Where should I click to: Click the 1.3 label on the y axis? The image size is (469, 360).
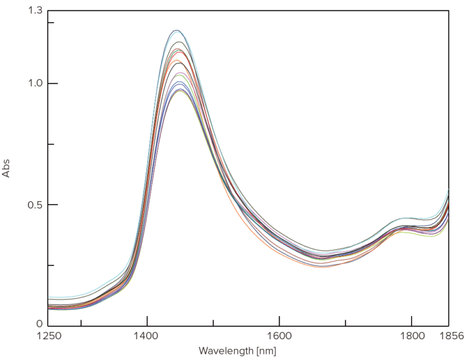pyautogui.click(x=35, y=10)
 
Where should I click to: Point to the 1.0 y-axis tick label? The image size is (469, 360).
pyautogui.click(x=35, y=84)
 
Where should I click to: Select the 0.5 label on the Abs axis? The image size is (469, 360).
pyautogui.click(x=35, y=204)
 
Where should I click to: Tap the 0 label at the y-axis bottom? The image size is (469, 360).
pyautogui.click(x=39, y=325)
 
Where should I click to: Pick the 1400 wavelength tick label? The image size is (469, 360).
pyautogui.click(x=147, y=336)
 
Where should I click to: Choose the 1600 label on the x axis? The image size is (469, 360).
pyautogui.click(x=279, y=336)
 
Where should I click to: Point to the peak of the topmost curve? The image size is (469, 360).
pyautogui.click(x=176, y=30)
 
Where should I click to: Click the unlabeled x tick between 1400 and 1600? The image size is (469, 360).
pyautogui.click(x=213, y=322)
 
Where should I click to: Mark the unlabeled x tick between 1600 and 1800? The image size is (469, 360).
pyautogui.click(x=345, y=322)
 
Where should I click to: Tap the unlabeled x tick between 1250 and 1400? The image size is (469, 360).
pyautogui.click(x=81, y=322)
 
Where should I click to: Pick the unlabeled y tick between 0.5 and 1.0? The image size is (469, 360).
pyautogui.click(x=51, y=144)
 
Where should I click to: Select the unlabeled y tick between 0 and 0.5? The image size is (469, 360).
pyautogui.click(x=51, y=265)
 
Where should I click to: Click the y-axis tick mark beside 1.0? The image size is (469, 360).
pyautogui.click(x=51, y=84)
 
